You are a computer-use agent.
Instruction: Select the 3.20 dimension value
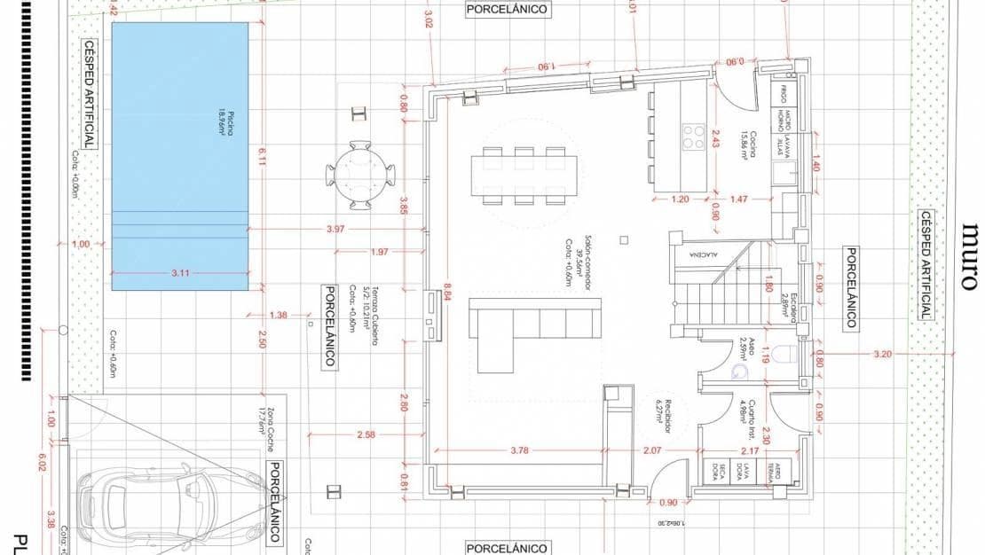click(882, 354)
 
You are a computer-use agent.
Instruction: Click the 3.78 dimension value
click(520, 450)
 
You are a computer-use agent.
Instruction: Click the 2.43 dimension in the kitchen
click(717, 138)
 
